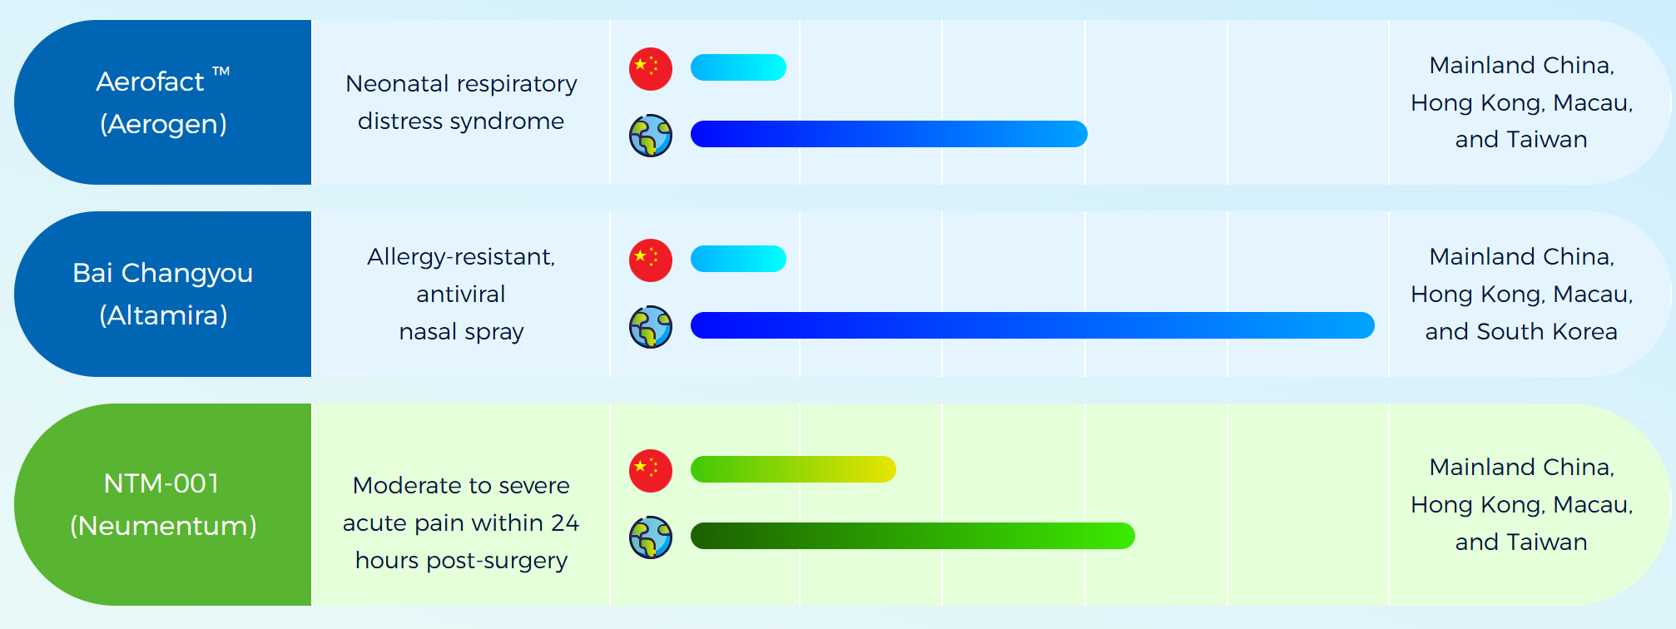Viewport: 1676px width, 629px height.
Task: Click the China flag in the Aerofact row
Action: click(x=651, y=68)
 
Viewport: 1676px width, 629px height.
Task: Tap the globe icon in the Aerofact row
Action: click(x=651, y=136)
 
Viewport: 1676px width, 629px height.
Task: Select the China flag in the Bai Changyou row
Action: click(x=651, y=260)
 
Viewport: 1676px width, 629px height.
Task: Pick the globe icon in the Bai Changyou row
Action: click(x=651, y=327)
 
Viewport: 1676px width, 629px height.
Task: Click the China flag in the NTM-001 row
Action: click(x=651, y=470)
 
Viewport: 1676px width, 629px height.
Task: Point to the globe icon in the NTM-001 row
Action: click(x=651, y=537)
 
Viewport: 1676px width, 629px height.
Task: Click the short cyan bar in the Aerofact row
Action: click(x=738, y=67)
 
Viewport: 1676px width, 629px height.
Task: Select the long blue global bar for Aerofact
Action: click(x=889, y=134)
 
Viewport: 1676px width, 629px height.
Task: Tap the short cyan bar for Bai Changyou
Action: click(x=738, y=259)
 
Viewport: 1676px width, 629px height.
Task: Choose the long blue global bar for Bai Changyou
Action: click(x=1032, y=325)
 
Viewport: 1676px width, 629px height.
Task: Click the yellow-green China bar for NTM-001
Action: click(x=793, y=469)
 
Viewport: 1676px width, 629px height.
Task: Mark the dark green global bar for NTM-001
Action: click(x=913, y=536)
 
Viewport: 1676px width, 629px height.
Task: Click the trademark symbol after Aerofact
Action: click(x=221, y=72)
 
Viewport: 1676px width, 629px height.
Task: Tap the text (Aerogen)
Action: click(x=163, y=124)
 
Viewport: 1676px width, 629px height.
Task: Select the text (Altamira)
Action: click(x=163, y=315)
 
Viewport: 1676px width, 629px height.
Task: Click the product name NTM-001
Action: click(x=161, y=483)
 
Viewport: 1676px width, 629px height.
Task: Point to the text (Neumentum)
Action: click(x=163, y=526)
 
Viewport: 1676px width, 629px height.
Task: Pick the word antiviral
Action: click(x=461, y=294)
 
